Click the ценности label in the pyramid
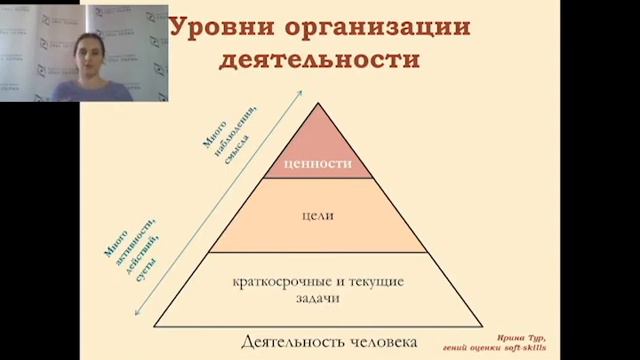coord(318,164)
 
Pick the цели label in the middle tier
coord(318,215)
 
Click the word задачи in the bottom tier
coord(318,298)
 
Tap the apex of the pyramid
coord(318,103)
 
